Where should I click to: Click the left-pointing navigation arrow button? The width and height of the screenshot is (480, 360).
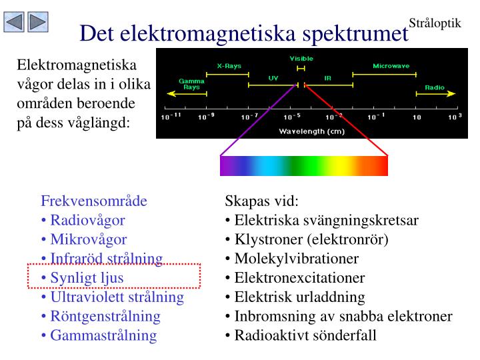click(x=15, y=23)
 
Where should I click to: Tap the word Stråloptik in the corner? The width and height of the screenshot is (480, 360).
click(x=435, y=23)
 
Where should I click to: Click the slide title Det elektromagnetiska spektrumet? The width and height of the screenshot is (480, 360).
click(x=243, y=33)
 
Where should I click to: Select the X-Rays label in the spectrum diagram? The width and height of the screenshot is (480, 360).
click(x=229, y=66)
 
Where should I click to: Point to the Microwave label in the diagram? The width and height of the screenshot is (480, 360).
click(x=391, y=66)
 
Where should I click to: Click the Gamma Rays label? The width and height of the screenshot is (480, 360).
click(x=191, y=84)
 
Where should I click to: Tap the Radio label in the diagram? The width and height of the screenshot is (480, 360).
click(x=435, y=87)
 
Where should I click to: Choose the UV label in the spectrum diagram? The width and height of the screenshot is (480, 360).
click(x=273, y=78)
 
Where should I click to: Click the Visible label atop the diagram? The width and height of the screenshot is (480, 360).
click(x=301, y=59)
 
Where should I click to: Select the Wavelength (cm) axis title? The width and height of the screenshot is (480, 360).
click(x=312, y=131)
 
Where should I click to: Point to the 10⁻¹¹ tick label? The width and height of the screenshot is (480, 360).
click(x=171, y=117)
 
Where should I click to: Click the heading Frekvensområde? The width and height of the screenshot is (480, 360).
click(x=94, y=201)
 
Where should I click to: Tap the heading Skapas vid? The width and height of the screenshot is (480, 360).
click(x=262, y=201)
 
